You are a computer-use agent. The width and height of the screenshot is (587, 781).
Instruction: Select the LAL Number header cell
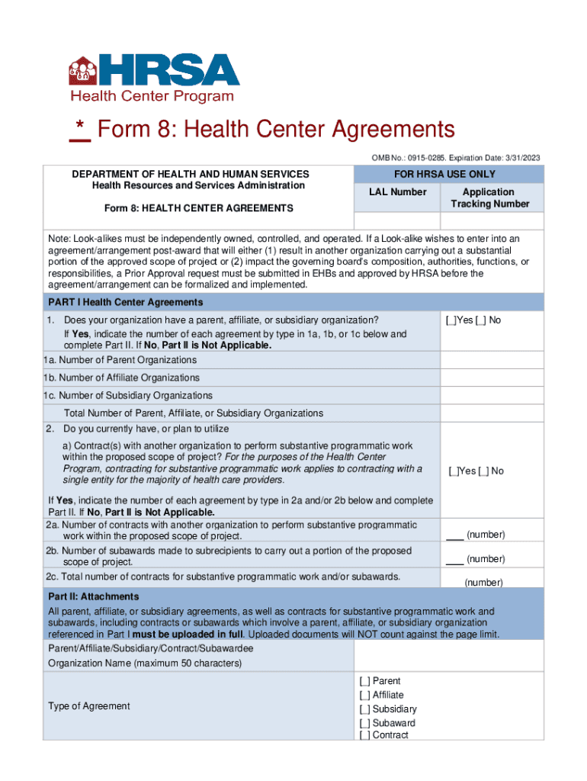397,192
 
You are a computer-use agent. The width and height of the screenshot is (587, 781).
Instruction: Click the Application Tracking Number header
489,198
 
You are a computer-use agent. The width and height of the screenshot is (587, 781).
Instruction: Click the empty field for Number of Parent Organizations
492,360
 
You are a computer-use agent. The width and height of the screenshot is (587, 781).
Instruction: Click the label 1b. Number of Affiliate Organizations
121,378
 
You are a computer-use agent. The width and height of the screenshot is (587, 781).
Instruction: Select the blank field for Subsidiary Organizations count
492,396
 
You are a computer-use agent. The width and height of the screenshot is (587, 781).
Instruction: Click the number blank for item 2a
454,535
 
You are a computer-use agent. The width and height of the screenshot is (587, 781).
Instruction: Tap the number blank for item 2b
454,559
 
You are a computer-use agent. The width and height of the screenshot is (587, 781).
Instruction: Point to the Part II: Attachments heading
94,596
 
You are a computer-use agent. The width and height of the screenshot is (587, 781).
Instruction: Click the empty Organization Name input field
449,655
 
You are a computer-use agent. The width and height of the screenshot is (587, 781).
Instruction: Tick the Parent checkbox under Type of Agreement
364,681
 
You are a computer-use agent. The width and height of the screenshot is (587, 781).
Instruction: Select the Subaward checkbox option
364,723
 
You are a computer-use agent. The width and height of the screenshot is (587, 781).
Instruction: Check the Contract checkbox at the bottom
364,735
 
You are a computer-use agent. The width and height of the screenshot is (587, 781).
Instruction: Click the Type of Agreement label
89,706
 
